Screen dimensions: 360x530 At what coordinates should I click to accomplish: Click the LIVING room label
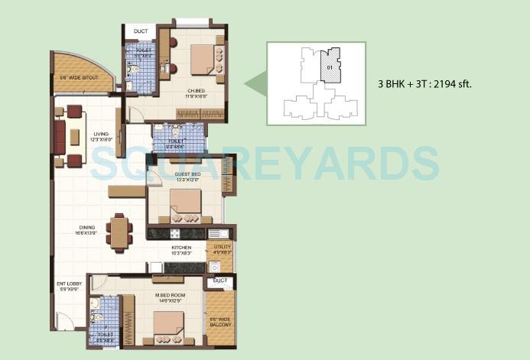[97, 134]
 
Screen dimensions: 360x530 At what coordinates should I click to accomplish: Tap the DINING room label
[86, 229]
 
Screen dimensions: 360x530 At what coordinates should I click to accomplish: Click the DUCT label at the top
[141, 31]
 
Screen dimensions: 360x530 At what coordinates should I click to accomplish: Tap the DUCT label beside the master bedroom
[220, 281]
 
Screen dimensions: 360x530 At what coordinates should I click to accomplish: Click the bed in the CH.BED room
[203, 60]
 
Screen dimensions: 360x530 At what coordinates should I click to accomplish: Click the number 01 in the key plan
[328, 69]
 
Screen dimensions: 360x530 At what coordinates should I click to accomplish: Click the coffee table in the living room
[74, 137]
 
